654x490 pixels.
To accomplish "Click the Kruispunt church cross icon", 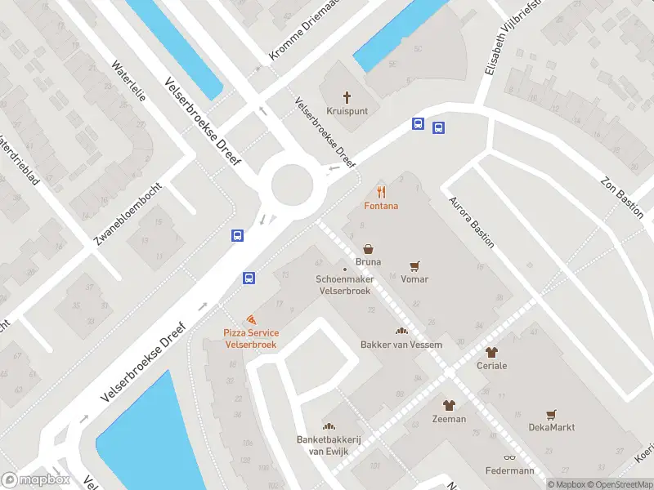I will (346, 96).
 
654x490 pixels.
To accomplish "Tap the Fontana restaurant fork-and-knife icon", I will (382, 193).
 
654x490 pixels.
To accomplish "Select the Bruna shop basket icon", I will (368, 248).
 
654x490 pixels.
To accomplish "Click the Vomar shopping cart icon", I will (414, 266).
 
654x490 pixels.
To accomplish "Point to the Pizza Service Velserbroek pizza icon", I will (251, 319).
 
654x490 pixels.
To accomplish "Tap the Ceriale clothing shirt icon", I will (491, 353).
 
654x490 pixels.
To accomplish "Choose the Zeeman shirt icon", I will (449, 405).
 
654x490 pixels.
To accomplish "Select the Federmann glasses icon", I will (509, 457).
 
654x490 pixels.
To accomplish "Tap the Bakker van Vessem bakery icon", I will (401, 331).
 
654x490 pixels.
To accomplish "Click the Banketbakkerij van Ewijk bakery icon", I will (329, 425).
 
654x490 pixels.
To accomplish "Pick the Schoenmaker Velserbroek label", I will (344, 285).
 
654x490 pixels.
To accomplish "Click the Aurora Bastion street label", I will (471, 223).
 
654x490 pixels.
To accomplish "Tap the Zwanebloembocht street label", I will (128, 213).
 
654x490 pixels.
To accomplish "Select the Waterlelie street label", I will (128, 82).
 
